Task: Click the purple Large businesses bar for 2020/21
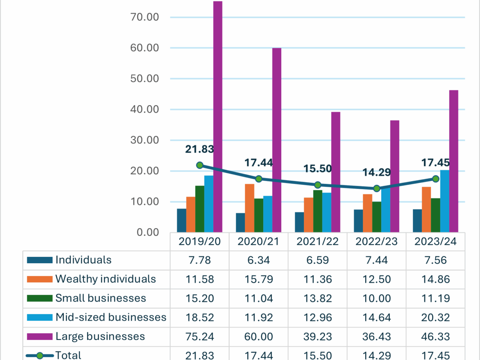(x=277, y=140)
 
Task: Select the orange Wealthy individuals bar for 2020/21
(x=250, y=208)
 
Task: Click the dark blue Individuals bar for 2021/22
(x=300, y=222)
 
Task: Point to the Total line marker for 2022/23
(x=376, y=188)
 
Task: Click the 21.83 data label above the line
(x=200, y=149)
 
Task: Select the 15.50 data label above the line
(x=318, y=169)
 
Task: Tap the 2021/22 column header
(x=318, y=242)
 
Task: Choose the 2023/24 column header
(x=436, y=242)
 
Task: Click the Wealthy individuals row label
(x=106, y=279)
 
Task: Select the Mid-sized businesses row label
(x=111, y=317)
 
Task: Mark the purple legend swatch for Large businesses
(x=40, y=336)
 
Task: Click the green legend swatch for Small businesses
(x=40, y=298)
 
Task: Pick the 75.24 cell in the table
(x=200, y=336)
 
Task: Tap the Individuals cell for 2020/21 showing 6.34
(x=258, y=260)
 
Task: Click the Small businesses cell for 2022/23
(x=376, y=298)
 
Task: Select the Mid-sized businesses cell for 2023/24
(x=436, y=317)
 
